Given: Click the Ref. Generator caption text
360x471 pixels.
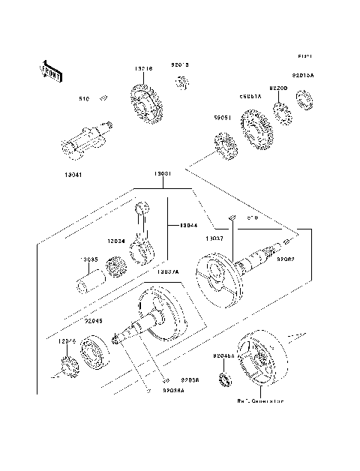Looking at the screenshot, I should tap(260, 401).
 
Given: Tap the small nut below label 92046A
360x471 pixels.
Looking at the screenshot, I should tap(223, 379).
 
